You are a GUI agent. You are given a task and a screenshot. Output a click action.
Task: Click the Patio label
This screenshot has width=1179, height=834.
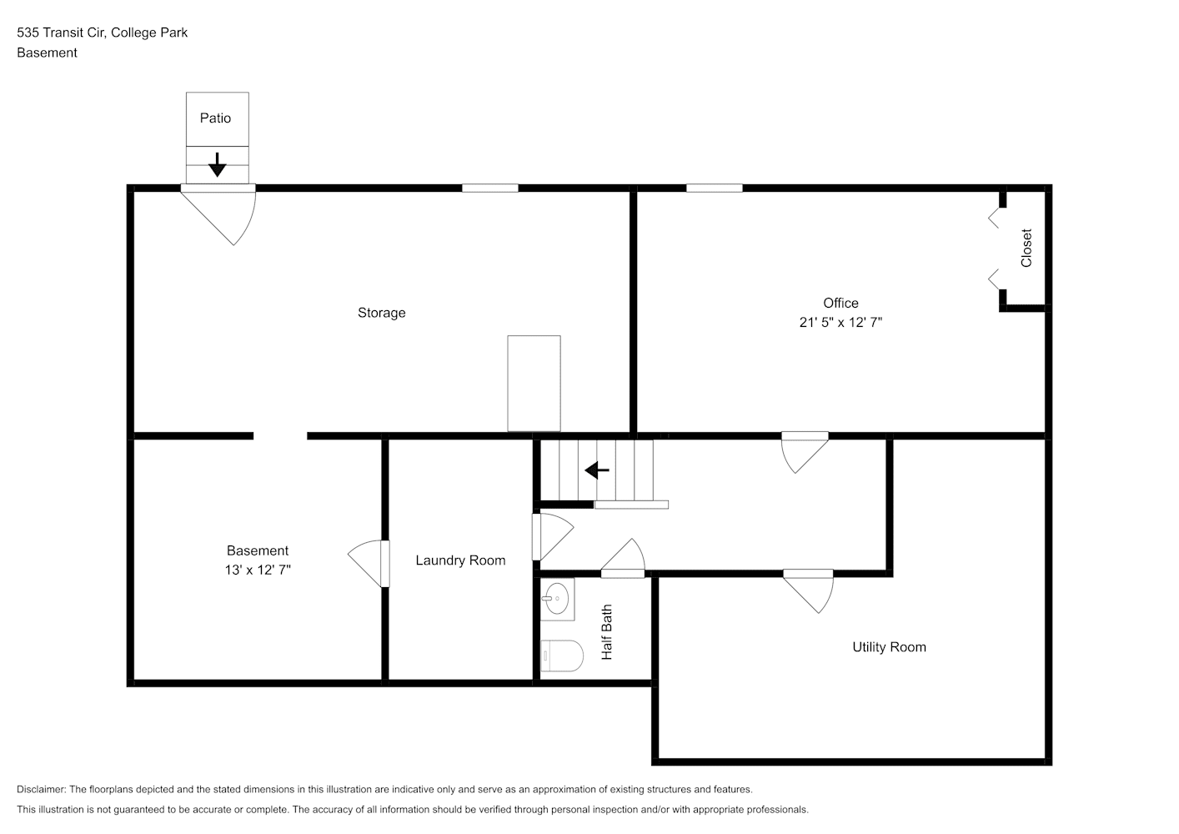215,118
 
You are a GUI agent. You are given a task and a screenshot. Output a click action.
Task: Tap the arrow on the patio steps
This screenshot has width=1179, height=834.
217,164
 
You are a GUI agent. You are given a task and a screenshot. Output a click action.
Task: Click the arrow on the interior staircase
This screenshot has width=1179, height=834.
597,470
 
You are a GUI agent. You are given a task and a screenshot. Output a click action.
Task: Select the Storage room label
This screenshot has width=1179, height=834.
382,313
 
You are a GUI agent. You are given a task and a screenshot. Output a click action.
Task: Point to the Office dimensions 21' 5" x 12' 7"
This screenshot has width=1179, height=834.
840,322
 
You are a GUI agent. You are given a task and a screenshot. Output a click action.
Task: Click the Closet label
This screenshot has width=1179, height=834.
1026,248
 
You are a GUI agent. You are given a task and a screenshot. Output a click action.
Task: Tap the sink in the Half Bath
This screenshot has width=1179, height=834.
557,599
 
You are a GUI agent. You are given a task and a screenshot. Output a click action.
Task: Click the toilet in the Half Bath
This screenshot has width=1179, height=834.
562,656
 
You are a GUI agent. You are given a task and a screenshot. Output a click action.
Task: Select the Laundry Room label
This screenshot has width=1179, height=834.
460,560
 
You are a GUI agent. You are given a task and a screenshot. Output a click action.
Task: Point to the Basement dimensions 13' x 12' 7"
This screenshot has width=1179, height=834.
258,570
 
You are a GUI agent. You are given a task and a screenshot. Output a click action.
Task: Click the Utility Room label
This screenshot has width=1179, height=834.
889,647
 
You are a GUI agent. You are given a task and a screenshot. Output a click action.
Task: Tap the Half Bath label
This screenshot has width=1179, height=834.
607,632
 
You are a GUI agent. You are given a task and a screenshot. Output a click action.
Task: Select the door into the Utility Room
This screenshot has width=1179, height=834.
809,592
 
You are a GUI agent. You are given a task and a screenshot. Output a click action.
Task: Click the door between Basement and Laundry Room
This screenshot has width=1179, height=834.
369,564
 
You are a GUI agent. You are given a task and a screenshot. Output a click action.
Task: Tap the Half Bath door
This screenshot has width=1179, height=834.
623,558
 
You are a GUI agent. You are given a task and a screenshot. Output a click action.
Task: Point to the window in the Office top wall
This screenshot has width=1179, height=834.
715,188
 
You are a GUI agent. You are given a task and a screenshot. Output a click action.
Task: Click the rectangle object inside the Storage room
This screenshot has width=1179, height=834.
534,384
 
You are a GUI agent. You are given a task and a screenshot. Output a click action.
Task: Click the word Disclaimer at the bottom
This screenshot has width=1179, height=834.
42,789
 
